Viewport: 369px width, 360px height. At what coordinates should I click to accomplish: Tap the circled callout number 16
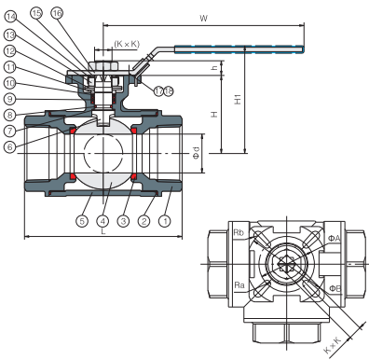83,12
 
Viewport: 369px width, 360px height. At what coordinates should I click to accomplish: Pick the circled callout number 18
169,90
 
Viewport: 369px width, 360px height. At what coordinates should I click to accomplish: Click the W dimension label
202,17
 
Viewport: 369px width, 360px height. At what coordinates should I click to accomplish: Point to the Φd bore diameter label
195,151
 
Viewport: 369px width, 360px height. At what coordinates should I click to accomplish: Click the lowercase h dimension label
215,65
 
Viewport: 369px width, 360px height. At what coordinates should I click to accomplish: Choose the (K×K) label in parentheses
127,44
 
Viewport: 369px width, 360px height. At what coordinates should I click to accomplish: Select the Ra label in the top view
239,284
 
